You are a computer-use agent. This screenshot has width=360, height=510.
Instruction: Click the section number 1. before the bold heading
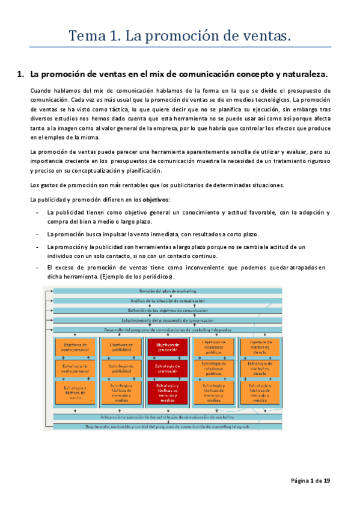tap(19, 75)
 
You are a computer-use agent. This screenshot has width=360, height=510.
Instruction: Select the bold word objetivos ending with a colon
tap(156, 199)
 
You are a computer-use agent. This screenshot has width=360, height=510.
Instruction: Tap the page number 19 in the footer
tap(326, 481)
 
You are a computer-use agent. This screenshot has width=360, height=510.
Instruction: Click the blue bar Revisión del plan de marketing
tap(167, 291)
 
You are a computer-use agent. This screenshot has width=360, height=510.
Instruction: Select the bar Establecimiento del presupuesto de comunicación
tap(167, 320)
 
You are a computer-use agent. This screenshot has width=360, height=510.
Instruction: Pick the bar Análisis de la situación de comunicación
tap(167, 301)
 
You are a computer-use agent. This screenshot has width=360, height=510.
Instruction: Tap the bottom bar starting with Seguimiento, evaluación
tap(167, 426)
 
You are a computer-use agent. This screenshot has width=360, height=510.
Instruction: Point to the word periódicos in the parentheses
tap(153, 277)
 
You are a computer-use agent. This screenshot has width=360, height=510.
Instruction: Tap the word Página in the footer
tap(301, 481)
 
